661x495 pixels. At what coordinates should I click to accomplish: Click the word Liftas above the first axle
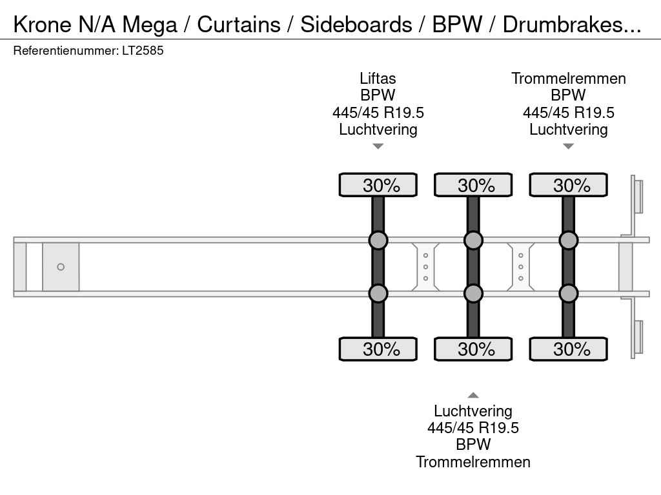(x=378, y=79)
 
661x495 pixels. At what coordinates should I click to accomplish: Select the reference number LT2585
(x=143, y=50)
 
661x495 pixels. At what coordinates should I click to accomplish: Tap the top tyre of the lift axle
(x=378, y=185)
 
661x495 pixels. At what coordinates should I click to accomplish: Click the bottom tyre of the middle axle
(x=473, y=349)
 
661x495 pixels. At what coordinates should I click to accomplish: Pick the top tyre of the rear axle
(x=568, y=185)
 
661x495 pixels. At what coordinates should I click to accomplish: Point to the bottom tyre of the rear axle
(x=568, y=349)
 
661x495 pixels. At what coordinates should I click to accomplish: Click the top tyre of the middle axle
(x=473, y=185)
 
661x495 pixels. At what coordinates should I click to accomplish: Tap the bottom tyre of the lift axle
(x=378, y=349)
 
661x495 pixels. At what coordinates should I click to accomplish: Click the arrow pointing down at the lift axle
(x=378, y=146)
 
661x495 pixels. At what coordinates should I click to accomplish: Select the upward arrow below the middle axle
(x=473, y=395)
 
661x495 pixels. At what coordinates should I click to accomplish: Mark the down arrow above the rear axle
(x=568, y=146)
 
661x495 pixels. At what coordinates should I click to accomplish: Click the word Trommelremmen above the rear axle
(x=569, y=79)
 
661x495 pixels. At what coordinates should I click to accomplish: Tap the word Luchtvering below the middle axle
(x=473, y=411)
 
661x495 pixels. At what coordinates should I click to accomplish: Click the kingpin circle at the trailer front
(x=61, y=267)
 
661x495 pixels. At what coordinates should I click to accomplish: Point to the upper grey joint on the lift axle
(x=378, y=240)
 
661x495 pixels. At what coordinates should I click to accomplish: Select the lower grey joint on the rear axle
(x=568, y=293)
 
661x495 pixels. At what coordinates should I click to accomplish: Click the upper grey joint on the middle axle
(x=473, y=240)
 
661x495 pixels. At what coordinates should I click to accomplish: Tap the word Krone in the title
(x=42, y=24)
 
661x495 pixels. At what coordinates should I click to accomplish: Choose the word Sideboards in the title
(x=356, y=24)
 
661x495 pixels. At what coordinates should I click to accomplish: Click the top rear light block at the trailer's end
(x=638, y=197)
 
